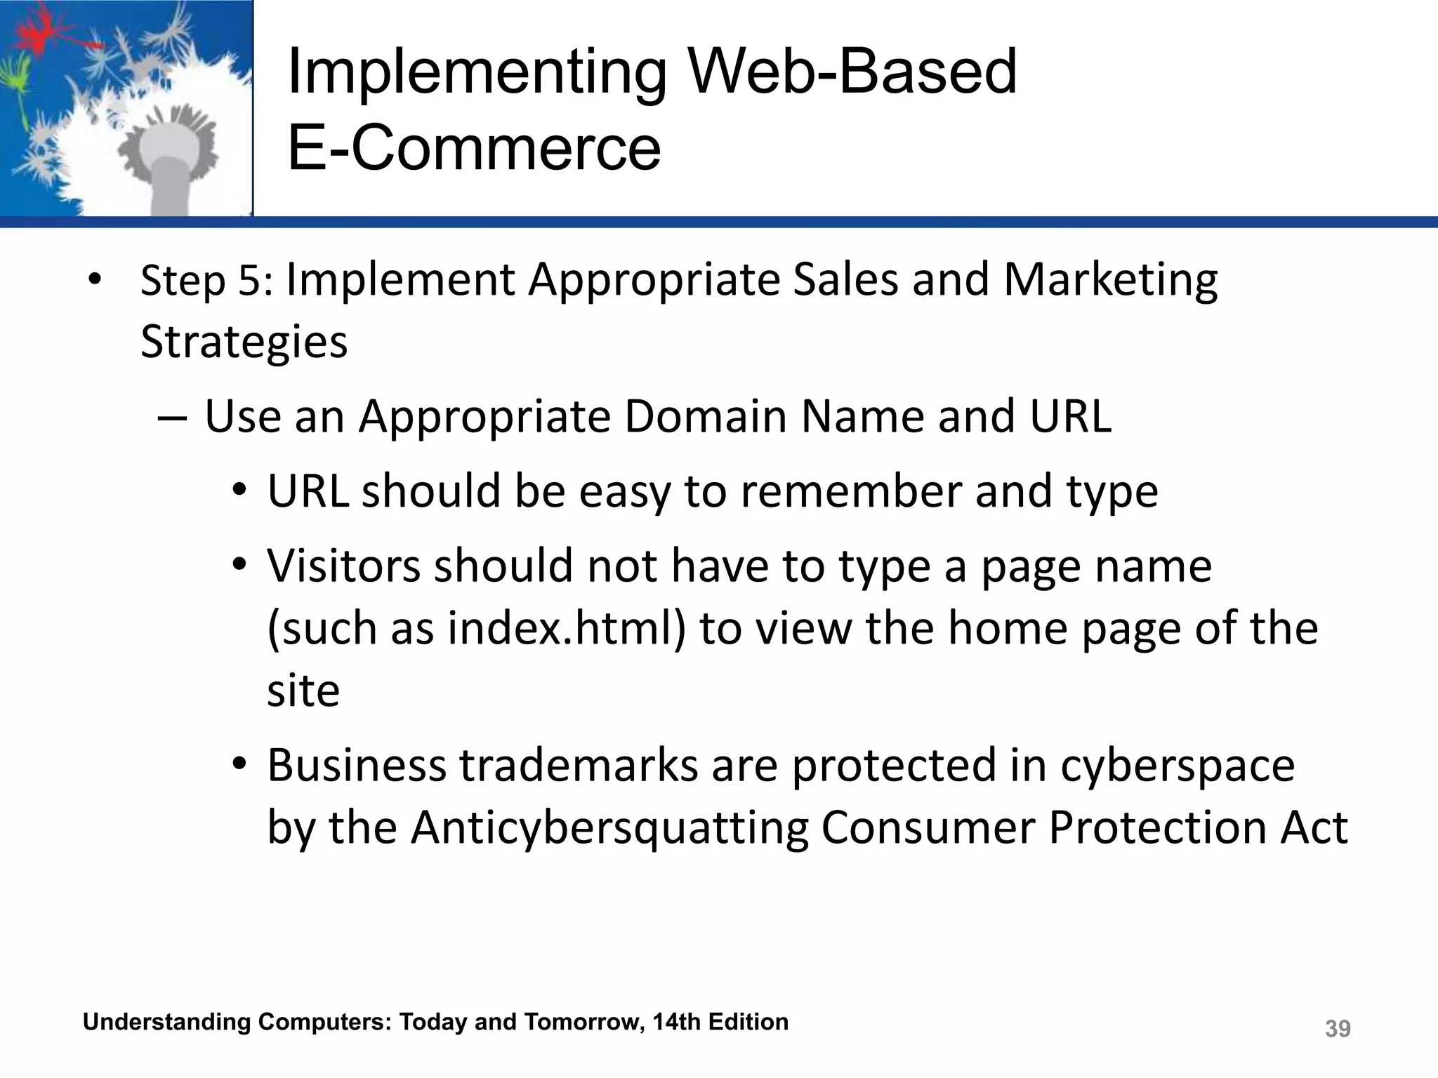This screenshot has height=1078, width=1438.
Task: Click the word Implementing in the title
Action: (477, 74)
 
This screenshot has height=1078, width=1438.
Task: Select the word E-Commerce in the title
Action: (474, 148)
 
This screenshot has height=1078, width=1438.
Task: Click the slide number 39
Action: (1337, 1029)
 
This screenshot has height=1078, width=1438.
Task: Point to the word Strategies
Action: (244, 342)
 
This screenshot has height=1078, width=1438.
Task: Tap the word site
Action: (303, 691)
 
